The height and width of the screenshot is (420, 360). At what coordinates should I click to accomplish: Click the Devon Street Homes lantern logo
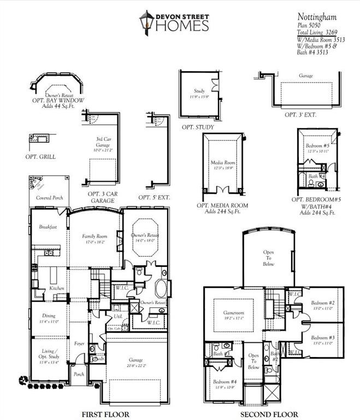145,22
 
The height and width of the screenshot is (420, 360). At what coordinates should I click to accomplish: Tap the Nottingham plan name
313,17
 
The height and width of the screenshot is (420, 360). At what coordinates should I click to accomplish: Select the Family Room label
93,236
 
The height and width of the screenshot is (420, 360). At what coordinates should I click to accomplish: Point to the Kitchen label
57,288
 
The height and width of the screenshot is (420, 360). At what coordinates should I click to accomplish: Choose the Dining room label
48,316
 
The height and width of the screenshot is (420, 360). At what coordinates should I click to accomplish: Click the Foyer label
80,343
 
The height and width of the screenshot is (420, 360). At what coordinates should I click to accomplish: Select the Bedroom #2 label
322,302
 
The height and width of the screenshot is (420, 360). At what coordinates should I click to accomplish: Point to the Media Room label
222,162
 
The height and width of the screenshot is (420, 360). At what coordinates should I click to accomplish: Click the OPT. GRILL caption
40,156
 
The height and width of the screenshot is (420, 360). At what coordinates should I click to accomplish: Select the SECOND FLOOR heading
270,414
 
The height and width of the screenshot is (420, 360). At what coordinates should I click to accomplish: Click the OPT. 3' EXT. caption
300,114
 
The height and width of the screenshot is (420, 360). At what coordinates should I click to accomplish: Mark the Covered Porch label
48,197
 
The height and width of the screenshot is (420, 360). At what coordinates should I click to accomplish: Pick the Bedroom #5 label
317,145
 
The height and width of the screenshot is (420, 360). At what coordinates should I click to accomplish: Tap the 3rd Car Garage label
103,143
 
